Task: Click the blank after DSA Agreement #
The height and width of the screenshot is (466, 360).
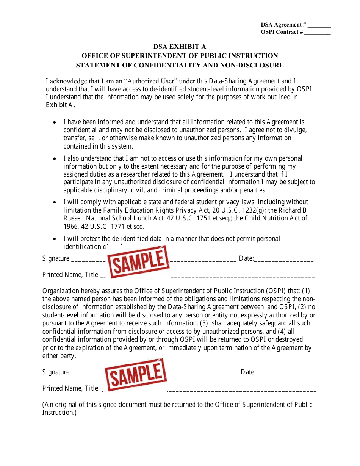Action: [x=319, y=25]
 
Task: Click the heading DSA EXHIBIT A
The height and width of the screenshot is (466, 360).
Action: [x=180, y=47]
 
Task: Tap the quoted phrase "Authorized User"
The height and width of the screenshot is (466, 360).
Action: [x=151, y=81]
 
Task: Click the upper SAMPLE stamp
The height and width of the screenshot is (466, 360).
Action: [x=138, y=261]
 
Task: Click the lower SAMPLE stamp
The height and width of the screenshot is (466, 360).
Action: [x=136, y=374]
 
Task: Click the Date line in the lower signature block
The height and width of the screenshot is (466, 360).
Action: [x=286, y=373]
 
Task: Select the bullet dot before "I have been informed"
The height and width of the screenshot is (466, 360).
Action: [x=55, y=123]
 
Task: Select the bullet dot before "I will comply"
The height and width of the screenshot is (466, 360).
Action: [x=55, y=203]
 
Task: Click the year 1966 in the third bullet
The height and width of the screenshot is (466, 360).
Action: [x=70, y=227]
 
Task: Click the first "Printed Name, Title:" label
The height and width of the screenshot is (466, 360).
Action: [x=71, y=275]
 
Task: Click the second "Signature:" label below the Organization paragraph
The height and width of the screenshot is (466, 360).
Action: [x=56, y=372]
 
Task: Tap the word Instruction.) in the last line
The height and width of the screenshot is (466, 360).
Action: [x=59, y=413]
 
